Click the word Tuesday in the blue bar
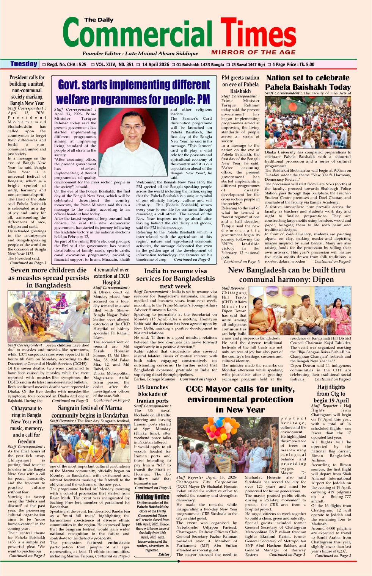24,64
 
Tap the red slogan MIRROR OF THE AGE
253,52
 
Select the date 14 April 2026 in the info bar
155,65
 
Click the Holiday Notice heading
152,497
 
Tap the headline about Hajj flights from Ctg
331,393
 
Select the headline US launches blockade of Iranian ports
152,394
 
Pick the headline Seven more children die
49,277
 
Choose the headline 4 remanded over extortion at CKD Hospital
111,276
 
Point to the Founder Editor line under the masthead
140,53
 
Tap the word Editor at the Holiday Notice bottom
164,554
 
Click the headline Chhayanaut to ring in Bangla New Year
27,424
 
